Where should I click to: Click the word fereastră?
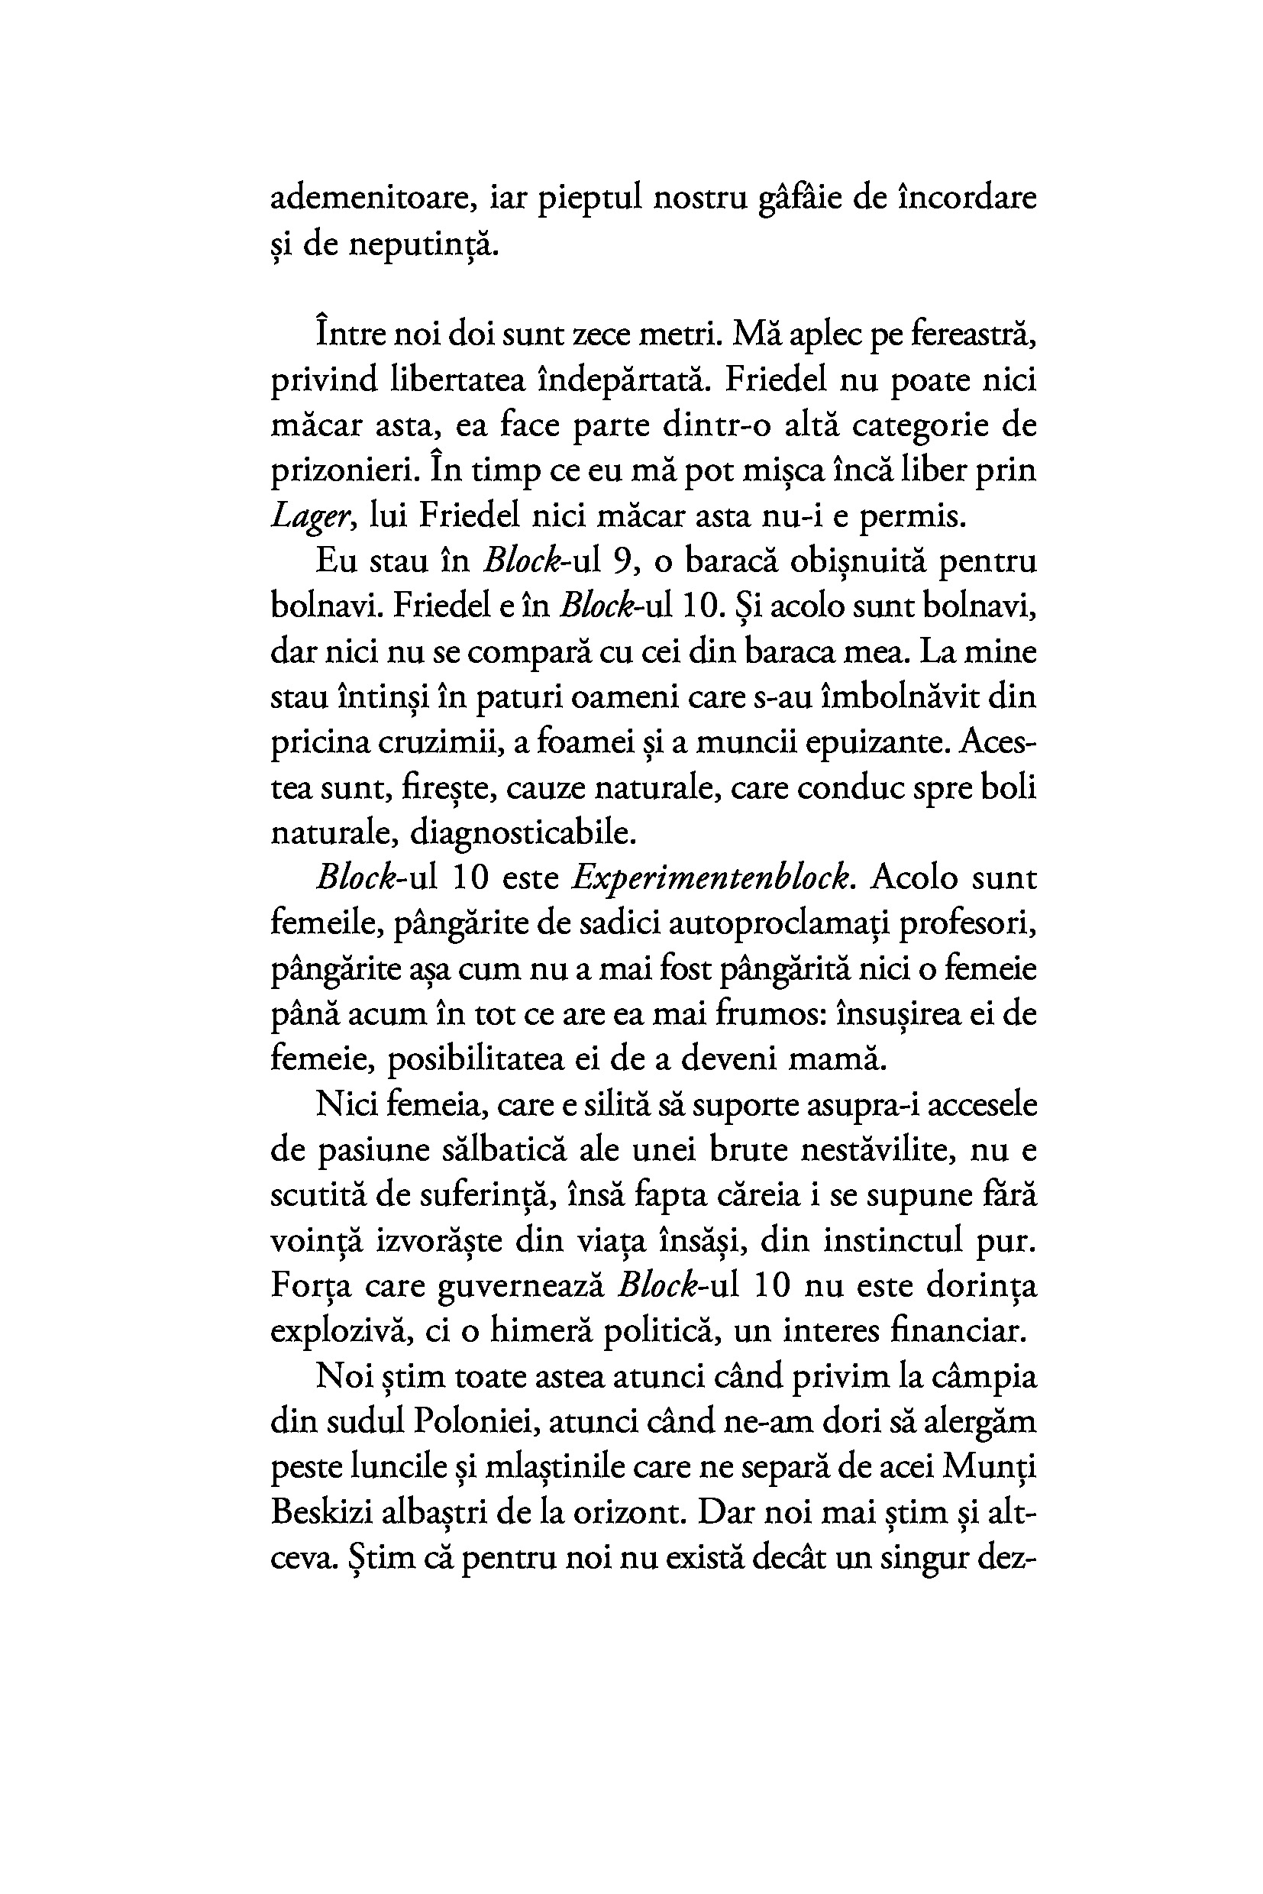(x=973, y=335)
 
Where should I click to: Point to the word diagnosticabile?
(x=524, y=832)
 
